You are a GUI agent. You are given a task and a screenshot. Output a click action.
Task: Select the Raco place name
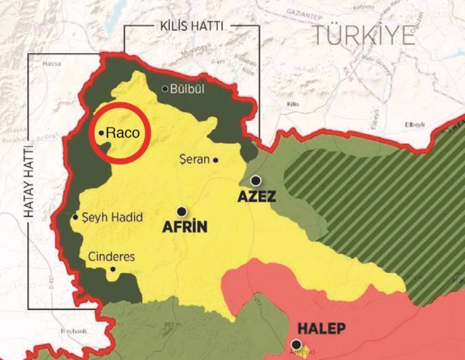point(123,133)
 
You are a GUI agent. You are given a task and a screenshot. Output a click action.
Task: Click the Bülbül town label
point(189,89)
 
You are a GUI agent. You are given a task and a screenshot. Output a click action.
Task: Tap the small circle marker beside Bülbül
point(165,89)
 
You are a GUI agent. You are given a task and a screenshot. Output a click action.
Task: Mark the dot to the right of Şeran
point(215,160)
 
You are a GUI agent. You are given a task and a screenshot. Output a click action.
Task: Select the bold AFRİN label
point(185,228)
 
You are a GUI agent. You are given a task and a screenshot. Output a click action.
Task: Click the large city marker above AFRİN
point(182,212)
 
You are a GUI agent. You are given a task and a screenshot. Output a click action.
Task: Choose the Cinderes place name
point(111,256)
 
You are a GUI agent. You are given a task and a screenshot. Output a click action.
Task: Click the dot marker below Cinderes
point(112,270)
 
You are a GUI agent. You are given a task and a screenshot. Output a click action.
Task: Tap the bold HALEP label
point(322,329)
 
